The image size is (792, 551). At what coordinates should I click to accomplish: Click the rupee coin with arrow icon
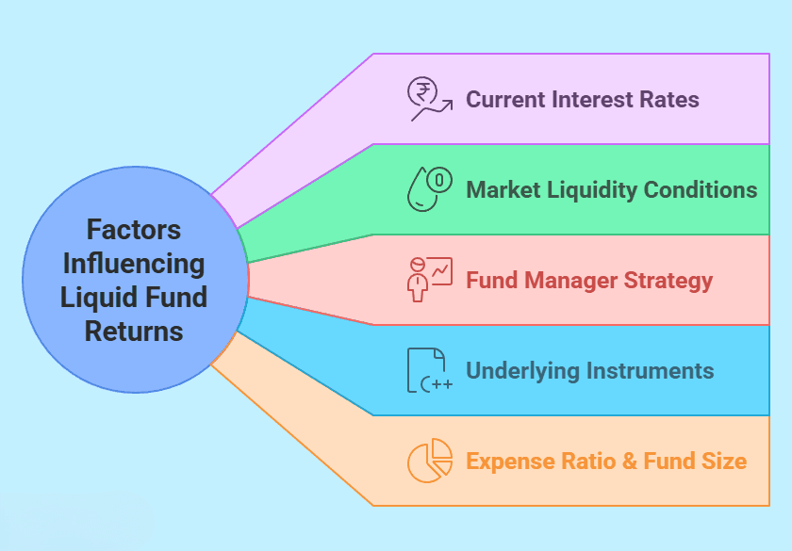(x=429, y=99)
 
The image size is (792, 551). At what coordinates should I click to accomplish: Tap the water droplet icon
(x=429, y=188)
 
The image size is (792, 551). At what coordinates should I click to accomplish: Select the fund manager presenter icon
(x=429, y=280)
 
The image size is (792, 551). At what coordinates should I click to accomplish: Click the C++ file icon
(x=429, y=370)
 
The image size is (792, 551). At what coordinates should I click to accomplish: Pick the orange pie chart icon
(x=429, y=461)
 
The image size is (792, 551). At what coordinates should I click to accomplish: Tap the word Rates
(x=668, y=100)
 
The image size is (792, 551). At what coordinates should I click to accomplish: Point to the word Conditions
(x=701, y=189)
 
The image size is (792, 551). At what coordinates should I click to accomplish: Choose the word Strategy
(x=668, y=281)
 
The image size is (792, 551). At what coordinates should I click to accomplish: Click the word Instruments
(x=650, y=371)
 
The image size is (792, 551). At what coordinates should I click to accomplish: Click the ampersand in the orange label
(x=630, y=462)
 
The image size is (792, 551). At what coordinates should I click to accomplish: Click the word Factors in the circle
(x=134, y=230)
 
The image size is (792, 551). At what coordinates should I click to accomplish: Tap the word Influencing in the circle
(x=134, y=265)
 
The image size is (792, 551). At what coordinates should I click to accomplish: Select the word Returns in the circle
(x=134, y=332)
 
